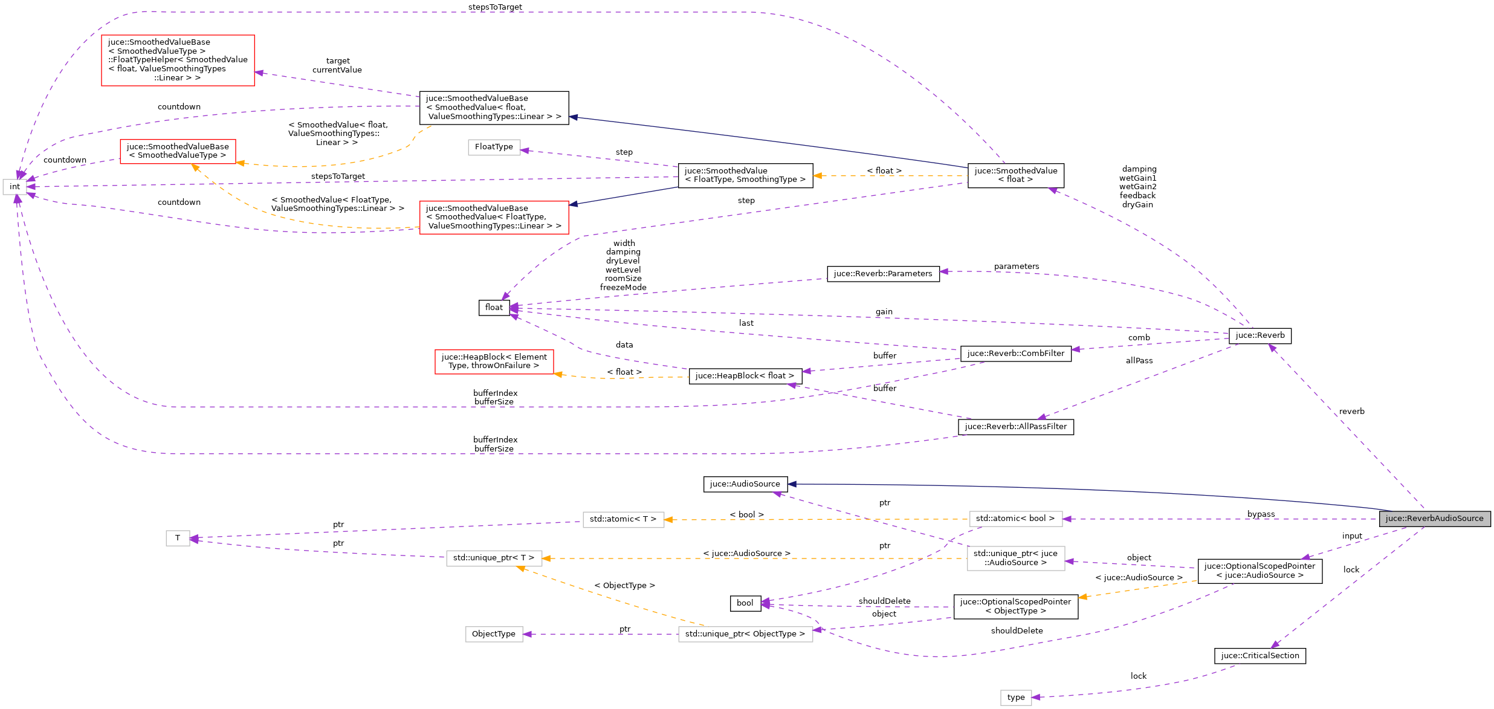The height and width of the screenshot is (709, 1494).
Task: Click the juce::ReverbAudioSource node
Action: click(x=1434, y=519)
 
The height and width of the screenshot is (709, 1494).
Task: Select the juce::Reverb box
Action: click(x=1260, y=335)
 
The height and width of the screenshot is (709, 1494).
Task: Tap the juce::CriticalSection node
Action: click(x=1260, y=656)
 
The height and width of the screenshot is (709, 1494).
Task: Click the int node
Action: click(x=15, y=187)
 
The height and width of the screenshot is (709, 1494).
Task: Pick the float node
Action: click(x=494, y=308)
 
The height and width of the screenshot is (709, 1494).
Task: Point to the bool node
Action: click(x=745, y=603)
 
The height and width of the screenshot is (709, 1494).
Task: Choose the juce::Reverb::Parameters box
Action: click(x=883, y=274)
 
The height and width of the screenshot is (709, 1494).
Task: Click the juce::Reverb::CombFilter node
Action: click(x=1015, y=354)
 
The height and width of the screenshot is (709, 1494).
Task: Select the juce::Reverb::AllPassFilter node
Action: click(x=1015, y=427)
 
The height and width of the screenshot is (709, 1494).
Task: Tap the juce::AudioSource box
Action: click(x=745, y=484)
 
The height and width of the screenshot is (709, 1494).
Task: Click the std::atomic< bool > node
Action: click(x=1015, y=519)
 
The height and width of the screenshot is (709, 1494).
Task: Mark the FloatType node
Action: click(x=494, y=147)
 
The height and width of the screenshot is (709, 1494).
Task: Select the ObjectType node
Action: click(x=494, y=634)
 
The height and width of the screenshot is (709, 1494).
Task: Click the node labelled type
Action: click(x=1015, y=698)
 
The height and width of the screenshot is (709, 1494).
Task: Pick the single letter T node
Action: click(x=178, y=538)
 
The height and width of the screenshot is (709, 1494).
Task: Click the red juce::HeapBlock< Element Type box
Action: click(x=494, y=361)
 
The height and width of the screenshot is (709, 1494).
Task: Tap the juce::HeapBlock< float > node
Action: click(x=745, y=376)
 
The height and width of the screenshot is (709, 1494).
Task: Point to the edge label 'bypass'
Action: click(x=1261, y=514)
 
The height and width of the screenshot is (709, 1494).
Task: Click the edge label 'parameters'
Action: click(x=1017, y=267)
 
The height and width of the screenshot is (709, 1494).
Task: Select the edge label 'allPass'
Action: click(x=1139, y=361)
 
